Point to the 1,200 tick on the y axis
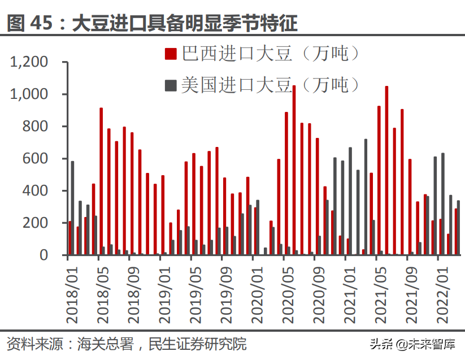click(x=34, y=62)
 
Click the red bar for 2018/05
click(x=101, y=181)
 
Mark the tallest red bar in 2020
click(x=294, y=170)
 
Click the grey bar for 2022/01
click(x=443, y=204)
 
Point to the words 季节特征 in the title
click(x=263, y=23)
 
